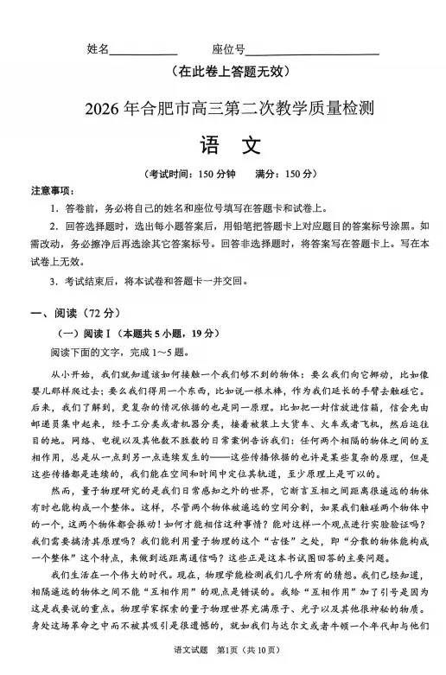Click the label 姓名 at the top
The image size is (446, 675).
pyautogui.click(x=99, y=48)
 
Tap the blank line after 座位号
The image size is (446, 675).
pyautogui.click(x=312, y=52)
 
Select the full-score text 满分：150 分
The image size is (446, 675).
pyautogui.click(x=285, y=174)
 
